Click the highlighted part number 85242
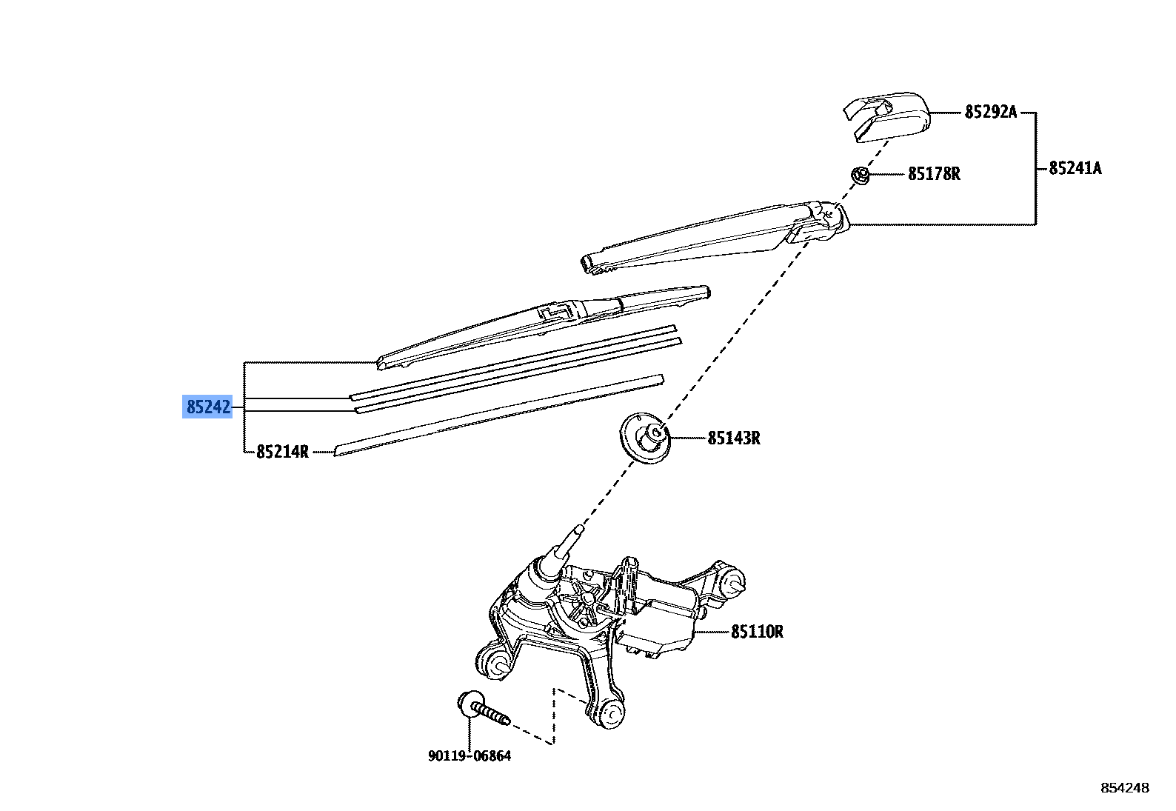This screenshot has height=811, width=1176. [207, 407]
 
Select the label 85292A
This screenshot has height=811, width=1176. [990, 112]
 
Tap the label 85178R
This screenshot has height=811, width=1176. [934, 174]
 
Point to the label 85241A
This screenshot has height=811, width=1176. [1075, 168]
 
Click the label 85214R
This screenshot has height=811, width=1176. [282, 451]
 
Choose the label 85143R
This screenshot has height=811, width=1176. [733, 438]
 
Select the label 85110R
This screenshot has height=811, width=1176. [757, 632]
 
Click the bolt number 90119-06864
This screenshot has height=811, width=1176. [470, 755]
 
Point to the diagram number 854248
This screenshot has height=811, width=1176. [1124, 787]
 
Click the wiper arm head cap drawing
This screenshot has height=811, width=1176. [887, 115]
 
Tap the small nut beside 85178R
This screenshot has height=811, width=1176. [861, 176]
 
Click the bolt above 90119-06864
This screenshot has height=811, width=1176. [481, 709]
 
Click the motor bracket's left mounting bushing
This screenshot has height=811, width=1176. [494, 661]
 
